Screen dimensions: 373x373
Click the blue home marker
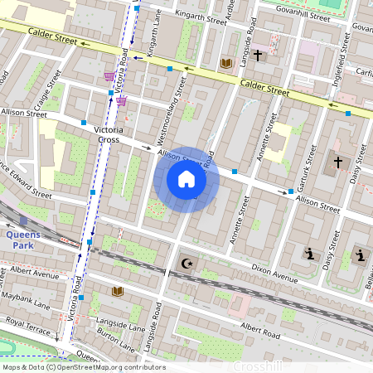tap(186, 179)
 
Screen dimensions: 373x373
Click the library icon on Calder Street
tap(225, 63)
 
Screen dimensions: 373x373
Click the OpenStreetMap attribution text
tap(83, 367)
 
